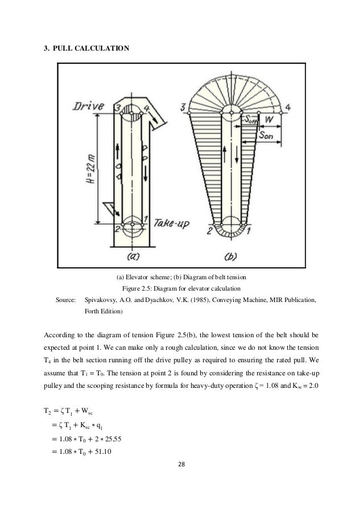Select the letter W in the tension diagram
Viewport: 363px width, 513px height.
[x=271, y=119]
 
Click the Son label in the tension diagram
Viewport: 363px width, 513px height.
[x=265, y=137]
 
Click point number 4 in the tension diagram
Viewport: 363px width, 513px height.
[x=289, y=106]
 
